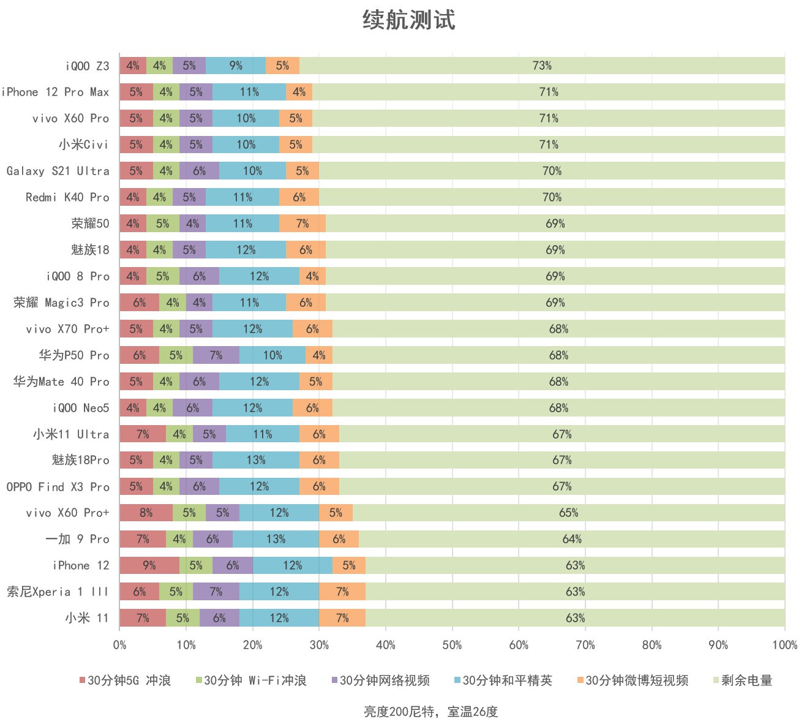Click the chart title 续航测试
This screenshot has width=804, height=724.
(408, 20)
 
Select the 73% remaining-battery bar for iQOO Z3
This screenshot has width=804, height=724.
(541, 66)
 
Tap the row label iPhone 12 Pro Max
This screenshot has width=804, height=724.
(55, 92)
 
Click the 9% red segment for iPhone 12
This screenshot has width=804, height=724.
(149, 565)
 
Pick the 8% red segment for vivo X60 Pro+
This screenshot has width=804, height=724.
(146, 513)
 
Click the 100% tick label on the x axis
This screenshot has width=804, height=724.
(784, 645)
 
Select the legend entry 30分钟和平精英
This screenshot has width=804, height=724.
(507, 681)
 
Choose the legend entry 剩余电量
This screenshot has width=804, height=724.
(746, 681)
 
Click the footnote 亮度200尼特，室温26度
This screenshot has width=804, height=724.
(430, 712)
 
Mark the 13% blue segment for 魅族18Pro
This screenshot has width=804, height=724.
(255, 460)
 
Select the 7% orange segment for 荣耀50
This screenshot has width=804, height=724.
(302, 224)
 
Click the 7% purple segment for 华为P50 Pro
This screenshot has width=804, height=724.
(216, 355)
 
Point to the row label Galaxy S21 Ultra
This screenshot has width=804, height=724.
(58, 171)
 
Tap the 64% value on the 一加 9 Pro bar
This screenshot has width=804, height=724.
(572, 539)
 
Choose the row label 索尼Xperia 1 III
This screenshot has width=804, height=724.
(57, 592)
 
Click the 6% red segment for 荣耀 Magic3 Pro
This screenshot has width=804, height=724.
(139, 303)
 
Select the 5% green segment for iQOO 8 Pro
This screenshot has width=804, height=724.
(162, 276)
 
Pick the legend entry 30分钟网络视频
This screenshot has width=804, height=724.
(385, 681)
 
